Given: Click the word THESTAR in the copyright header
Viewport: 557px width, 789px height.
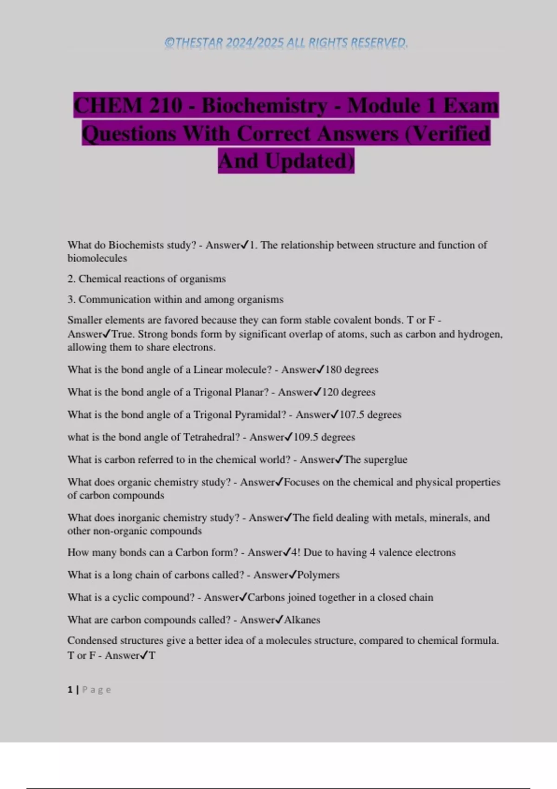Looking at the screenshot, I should click(x=199, y=43).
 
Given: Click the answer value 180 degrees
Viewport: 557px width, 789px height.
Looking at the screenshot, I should click(x=351, y=370).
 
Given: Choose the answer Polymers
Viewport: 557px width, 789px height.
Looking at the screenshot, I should click(x=318, y=575).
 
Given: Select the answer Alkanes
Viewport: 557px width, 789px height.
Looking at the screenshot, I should click(x=302, y=620).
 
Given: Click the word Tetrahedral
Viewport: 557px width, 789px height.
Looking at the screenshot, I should click(x=211, y=437).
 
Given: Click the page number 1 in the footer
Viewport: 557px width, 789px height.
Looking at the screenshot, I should click(x=70, y=690).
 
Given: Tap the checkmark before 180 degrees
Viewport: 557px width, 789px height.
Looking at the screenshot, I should click(x=320, y=369).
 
